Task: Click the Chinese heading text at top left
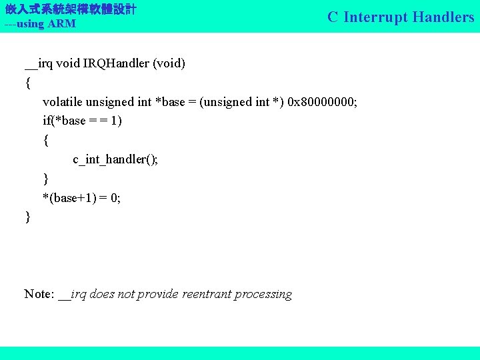point(70,9)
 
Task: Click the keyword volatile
point(63,102)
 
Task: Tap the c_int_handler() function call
point(115,159)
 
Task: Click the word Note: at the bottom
point(39,294)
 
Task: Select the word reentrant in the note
point(209,294)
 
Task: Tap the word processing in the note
point(265,295)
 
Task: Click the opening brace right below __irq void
point(27,83)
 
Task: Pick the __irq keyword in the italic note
point(72,294)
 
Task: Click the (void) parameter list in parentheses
point(169,64)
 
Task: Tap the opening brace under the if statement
point(45,141)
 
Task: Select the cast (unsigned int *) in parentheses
point(241,102)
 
